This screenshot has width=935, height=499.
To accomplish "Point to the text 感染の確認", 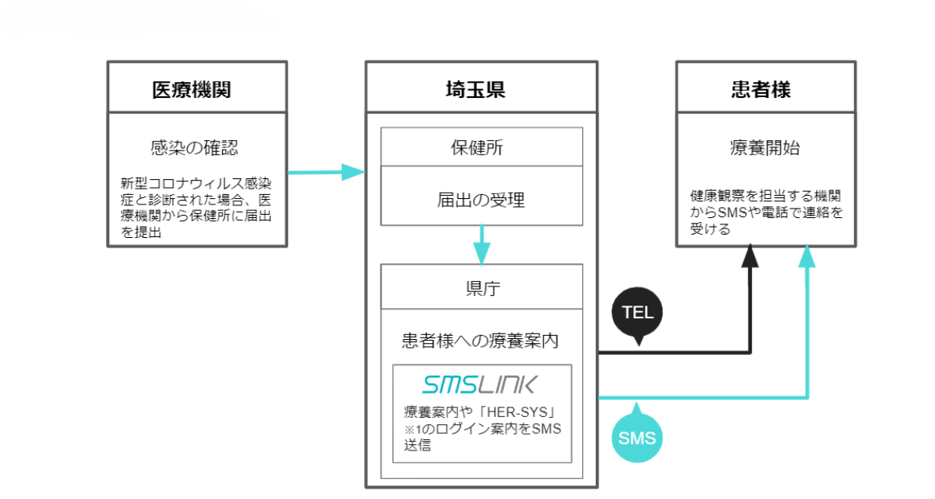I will pos(194,147).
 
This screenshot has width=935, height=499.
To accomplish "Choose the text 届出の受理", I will pos(480,199).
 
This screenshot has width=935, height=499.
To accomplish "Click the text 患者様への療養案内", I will pos(480,341).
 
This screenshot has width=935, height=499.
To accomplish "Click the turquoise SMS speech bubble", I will pos(639,437).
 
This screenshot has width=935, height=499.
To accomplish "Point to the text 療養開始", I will pos(766,147).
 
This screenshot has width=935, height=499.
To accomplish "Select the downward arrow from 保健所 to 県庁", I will pos(482,245).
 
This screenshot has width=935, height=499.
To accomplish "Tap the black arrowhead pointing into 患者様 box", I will pos(749,257).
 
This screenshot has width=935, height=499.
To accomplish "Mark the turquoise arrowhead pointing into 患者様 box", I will pos(808,257).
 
